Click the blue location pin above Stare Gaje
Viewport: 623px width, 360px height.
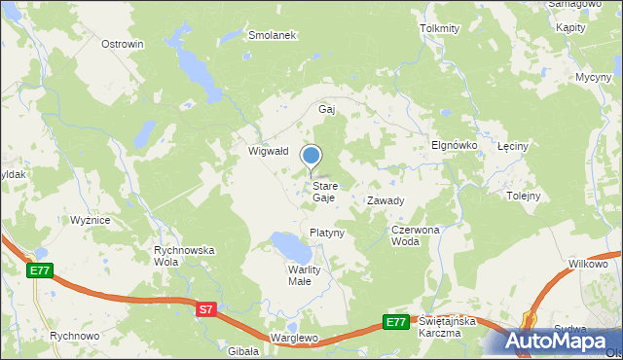311,156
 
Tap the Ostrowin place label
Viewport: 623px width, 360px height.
123,44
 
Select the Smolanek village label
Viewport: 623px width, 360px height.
272,34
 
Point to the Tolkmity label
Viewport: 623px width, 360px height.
439,28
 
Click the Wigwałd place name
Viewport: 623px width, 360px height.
268,151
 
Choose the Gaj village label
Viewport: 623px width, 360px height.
327,109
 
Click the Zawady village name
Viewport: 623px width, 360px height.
385,200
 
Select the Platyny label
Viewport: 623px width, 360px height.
327,233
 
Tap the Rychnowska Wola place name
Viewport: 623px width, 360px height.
184,256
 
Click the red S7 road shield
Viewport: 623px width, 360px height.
205,309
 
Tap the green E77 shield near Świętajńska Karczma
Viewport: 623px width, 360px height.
394,322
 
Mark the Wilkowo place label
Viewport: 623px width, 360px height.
588,264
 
